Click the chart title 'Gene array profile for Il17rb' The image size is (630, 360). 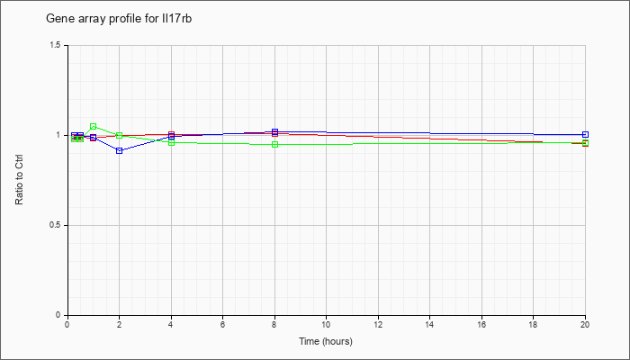tap(119, 19)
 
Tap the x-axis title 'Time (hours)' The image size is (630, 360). tap(326, 341)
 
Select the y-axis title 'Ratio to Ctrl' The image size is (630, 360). tap(19, 180)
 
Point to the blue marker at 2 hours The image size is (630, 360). tap(120, 150)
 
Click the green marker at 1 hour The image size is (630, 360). tap(94, 127)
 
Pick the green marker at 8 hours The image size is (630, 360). tap(274, 145)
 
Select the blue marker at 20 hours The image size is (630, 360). tap(585, 135)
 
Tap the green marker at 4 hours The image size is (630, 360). tap(172, 142)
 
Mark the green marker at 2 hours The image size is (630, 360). tap(120, 135)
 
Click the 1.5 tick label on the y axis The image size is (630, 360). tap(56, 45)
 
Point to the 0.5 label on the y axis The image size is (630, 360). tap(56, 225)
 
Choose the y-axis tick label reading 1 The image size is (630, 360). tap(58, 135)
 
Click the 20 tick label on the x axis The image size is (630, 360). tap(585, 324)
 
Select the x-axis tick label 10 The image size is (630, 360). tap(326, 324)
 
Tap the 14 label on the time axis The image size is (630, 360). tap(430, 324)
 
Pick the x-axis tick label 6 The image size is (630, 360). tap(223, 324)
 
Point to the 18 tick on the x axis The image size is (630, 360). tap(533, 324)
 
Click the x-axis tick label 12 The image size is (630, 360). tap(378, 324)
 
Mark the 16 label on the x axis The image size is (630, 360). tap(481, 324)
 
